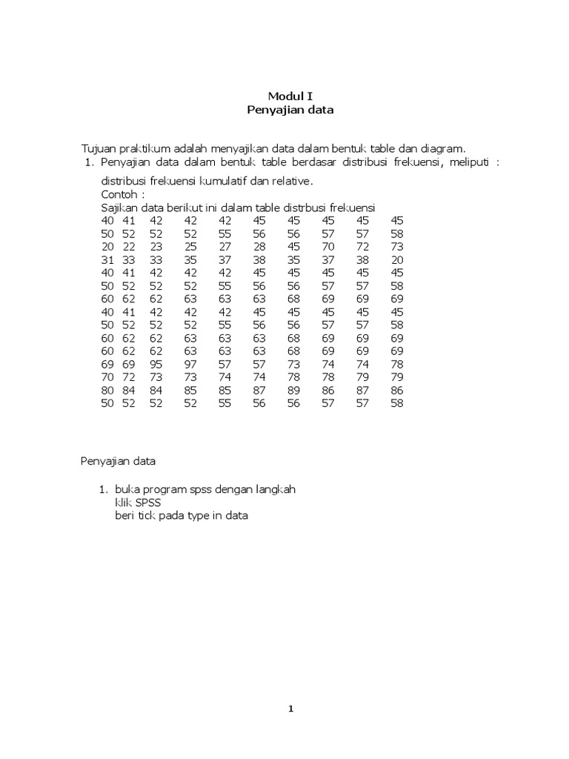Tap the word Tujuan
point(99,148)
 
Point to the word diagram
point(443,148)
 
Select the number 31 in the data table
point(107,260)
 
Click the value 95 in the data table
point(156,365)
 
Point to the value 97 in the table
point(191,365)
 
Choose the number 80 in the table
point(107,391)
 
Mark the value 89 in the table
point(293,391)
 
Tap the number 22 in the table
point(129,247)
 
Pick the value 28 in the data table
point(259,247)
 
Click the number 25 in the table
point(191,247)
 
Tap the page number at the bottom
point(291,708)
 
